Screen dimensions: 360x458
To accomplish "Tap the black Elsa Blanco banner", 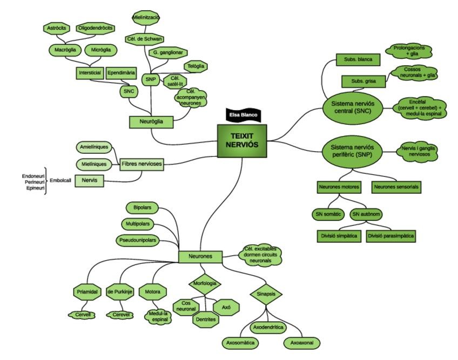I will point(241,114).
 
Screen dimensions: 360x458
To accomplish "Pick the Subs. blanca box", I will point(358,59).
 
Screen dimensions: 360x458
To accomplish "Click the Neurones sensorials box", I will point(396,187).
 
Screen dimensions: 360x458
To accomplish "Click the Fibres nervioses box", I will point(142,164).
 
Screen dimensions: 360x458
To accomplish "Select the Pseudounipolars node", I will point(137,240).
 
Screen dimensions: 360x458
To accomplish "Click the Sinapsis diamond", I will point(266,295).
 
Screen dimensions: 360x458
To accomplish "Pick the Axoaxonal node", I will point(302,342).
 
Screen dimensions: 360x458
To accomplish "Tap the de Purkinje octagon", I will point(119,292).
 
